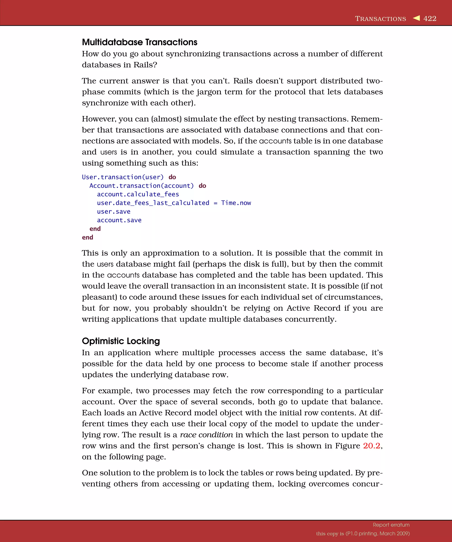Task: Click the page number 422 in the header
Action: pos(430,19)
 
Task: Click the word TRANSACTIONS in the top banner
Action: pos(380,19)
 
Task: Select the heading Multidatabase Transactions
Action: pos(139,42)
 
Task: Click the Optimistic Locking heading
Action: pos(121,341)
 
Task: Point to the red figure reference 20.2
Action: pos(371,446)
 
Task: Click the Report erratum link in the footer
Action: pos(391,525)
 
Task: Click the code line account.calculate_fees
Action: pos(138,194)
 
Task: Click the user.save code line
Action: pos(114,212)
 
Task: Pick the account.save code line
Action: pos(119,220)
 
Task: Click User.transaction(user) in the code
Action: pos(123,177)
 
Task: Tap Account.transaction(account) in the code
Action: pos(141,186)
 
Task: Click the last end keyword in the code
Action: pos(88,237)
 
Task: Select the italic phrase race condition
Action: pos(206,435)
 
